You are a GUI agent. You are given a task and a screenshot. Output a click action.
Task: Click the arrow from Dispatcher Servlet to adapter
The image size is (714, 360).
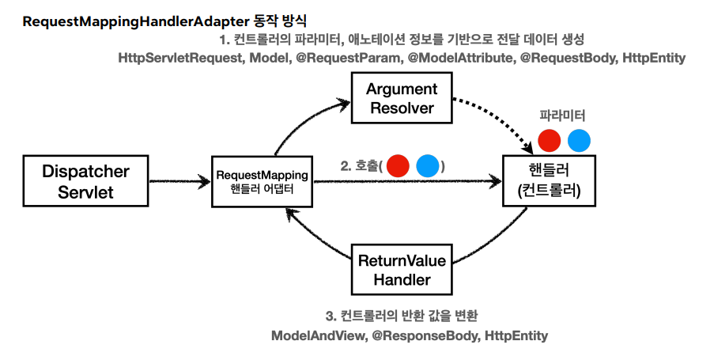(179, 182)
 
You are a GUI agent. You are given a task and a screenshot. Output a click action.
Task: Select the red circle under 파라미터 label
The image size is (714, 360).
(550, 140)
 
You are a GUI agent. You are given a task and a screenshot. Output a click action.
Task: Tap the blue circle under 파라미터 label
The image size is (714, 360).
(580, 140)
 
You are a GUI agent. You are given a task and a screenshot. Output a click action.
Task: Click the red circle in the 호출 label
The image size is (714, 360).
(398, 165)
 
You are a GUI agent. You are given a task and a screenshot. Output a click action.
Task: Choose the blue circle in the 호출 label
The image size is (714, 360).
(428, 165)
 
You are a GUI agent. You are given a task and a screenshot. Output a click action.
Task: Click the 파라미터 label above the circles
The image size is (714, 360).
(562, 116)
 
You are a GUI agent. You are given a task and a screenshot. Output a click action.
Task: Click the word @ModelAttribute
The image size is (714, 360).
(461, 59)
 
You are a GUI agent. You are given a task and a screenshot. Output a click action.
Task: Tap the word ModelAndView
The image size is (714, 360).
(319, 335)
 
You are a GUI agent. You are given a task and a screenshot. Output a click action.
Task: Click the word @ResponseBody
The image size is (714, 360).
(425, 335)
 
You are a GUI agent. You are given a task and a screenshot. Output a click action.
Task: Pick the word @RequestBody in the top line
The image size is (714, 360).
(568, 59)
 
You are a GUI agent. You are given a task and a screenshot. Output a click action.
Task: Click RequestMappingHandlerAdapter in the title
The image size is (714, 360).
(136, 21)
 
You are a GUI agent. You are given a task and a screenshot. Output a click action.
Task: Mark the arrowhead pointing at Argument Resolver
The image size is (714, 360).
(342, 104)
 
